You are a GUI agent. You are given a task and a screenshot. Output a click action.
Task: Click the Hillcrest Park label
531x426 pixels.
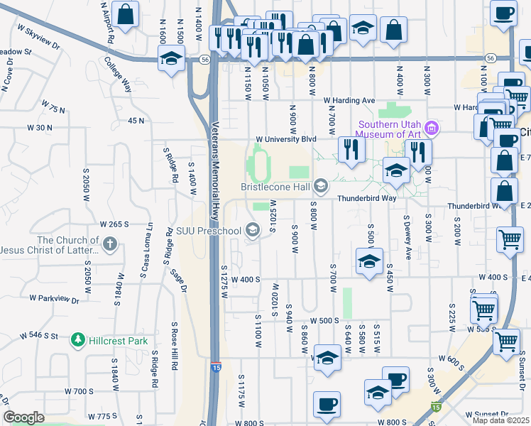coord(118,341)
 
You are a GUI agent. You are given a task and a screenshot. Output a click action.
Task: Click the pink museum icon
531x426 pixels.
coord(432,129)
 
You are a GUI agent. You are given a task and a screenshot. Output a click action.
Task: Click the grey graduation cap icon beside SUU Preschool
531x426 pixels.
coord(252,229)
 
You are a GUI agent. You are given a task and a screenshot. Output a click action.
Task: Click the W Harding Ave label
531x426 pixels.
coord(349,101)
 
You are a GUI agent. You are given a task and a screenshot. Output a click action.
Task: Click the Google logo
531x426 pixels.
coord(23,417)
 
